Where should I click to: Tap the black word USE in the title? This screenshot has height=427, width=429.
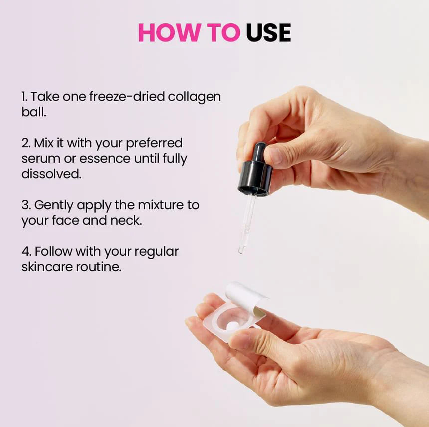click(268, 33)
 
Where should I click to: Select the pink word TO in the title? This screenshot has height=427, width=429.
click(223, 33)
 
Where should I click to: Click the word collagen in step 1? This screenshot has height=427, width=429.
click(194, 97)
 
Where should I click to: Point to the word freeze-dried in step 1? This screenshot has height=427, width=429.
click(127, 97)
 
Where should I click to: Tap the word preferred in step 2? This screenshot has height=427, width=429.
click(154, 143)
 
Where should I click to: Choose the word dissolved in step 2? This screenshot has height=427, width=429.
click(51, 174)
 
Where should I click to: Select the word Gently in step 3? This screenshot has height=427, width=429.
click(54, 205)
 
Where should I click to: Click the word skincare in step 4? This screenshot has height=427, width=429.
click(47, 267)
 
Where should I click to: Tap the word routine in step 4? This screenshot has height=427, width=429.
click(98, 267)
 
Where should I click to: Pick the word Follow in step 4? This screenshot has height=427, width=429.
click(53, 251)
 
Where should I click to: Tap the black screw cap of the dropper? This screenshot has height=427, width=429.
click(255, 178)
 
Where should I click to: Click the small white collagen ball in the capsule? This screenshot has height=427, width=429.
click(232, 326)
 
